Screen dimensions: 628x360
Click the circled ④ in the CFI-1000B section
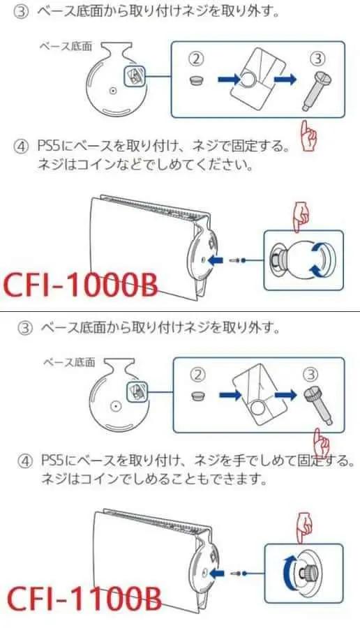22,147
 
